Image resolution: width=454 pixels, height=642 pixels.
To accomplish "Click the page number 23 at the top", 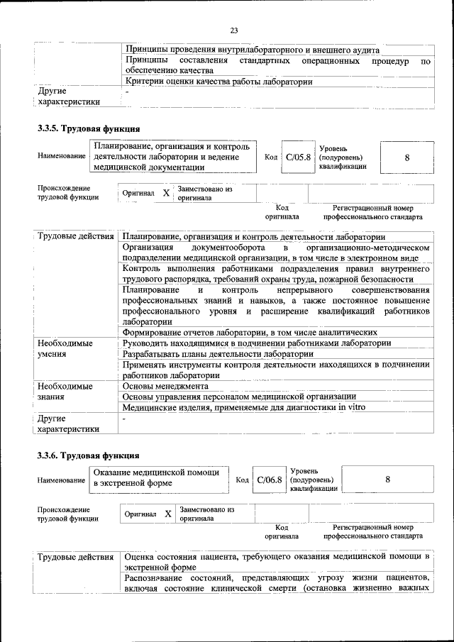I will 234,29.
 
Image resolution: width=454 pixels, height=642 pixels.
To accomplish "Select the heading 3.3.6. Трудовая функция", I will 89,455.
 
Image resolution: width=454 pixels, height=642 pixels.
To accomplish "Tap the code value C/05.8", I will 298,157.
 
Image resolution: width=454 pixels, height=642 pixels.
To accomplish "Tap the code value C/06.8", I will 270,480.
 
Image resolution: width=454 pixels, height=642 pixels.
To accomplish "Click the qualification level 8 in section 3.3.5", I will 406,157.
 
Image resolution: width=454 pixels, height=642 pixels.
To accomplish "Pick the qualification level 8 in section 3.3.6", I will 387,480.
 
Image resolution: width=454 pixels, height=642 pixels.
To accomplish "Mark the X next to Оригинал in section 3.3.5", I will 166,193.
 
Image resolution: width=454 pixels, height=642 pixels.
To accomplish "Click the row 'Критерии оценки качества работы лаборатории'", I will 218,82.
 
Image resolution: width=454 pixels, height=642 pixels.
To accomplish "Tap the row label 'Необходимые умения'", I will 65,348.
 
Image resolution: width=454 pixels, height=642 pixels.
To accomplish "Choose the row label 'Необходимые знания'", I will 65,392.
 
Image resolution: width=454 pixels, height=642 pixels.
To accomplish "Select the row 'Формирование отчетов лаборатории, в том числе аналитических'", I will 254,332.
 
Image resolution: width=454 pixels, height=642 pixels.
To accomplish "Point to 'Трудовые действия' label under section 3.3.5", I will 74,236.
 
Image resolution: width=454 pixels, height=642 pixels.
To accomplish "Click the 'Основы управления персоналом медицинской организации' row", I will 239,397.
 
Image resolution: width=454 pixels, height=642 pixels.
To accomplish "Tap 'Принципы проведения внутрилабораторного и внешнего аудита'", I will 252,50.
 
